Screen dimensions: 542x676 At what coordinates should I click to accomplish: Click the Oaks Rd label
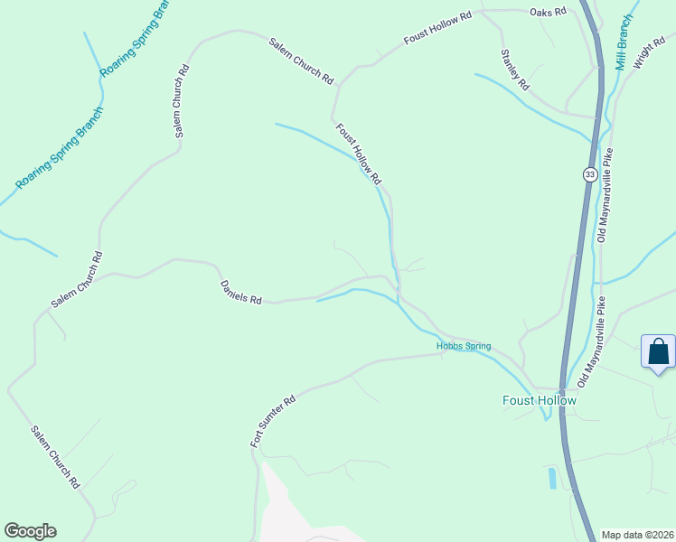pyautogui.click(x=548, y=12)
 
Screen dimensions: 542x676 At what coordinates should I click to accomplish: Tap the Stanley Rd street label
pyautogui.click(x=514, y=69)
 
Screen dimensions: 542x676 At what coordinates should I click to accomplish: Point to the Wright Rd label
pyautogui.click(x=650, y=54)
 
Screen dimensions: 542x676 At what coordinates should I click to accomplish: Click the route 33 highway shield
pyautogui.click(x=589, y=174)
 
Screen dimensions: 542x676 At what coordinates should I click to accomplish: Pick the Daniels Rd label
pyautogui.click(x=240, y=292)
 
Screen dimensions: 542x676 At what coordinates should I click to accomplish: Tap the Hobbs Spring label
pyautogui.click(x=463, y=346)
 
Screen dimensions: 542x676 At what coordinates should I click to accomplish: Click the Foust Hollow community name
pyautogui.click(x=540, y=399)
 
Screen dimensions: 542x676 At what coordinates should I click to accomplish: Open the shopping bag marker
pyautogui.click(x=658, y=351)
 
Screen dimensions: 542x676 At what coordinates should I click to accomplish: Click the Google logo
pyautogui.click(x=30, y=531)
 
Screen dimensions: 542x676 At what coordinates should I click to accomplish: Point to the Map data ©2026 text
pyautogui.click(x=636, y=534)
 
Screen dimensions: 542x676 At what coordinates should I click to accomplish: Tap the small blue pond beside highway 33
pyautogui.click(x=552, y=477)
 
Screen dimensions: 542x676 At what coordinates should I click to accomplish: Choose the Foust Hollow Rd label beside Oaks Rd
pyautogui.click(x=438, y=29)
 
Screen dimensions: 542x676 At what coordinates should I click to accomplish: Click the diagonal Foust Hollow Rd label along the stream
pyautogui.click(x=359, y=154)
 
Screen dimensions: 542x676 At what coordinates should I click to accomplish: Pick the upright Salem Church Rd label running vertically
pyautogui.click(x=182, y=100)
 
